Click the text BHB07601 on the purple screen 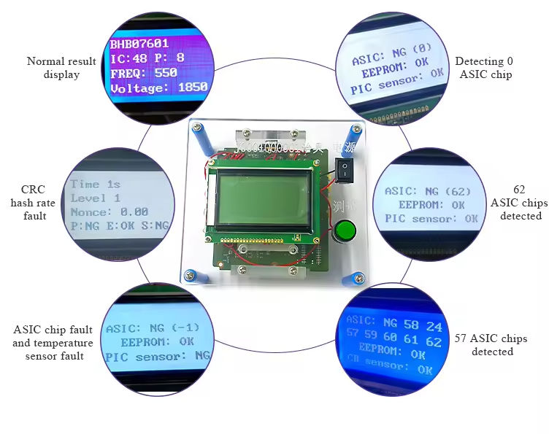coord(139,44)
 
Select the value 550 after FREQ coord(166,73)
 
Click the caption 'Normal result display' coord(61,68)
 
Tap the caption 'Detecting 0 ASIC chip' coord(483,68)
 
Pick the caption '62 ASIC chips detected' coord(515,202)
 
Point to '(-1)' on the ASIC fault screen coord(183,328)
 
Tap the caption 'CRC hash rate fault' coord(29,202)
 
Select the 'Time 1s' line coord(95,184)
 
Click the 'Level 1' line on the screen coord(96,198)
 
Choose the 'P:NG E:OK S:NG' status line coord(120,225)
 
